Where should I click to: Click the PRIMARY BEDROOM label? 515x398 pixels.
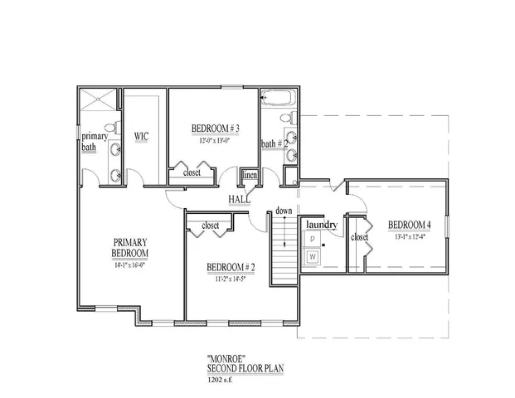(131, 248)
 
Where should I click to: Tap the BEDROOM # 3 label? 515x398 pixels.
(216, 129)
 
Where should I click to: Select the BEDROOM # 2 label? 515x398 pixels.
(230, 267)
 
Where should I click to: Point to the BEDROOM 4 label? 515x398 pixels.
(410, 224)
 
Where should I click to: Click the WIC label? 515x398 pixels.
(141, 136)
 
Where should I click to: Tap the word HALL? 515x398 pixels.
(240, 199)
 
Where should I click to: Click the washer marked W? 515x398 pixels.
(313, 257)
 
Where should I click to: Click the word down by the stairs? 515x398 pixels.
(284, 211)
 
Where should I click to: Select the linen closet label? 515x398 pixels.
(249, 176)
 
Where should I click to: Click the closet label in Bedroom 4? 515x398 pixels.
(359, 237)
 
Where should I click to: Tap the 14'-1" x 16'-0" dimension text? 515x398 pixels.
(131, 265)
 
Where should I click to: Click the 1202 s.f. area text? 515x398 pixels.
(222, 381)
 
